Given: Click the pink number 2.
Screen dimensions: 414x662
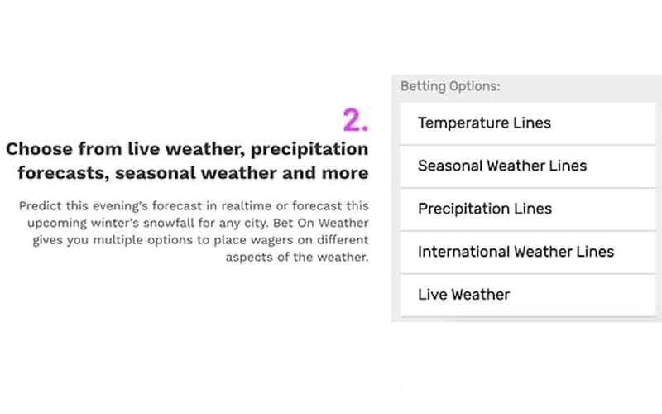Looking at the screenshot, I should click(x=355, y=120).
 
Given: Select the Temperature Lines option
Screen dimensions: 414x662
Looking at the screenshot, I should click(x=484, y=123).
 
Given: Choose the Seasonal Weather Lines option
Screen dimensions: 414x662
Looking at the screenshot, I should click(x=501, y=166).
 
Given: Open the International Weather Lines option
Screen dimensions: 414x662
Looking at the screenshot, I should click(x=516, y=252).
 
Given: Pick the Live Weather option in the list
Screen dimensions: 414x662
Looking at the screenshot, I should click(x=463, y=295).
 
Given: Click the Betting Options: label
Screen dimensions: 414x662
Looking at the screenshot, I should click(x=450, y=86).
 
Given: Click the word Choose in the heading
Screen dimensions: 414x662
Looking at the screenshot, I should click(x=39, y=149).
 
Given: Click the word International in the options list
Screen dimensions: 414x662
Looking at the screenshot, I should click(x=463, y=252).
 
